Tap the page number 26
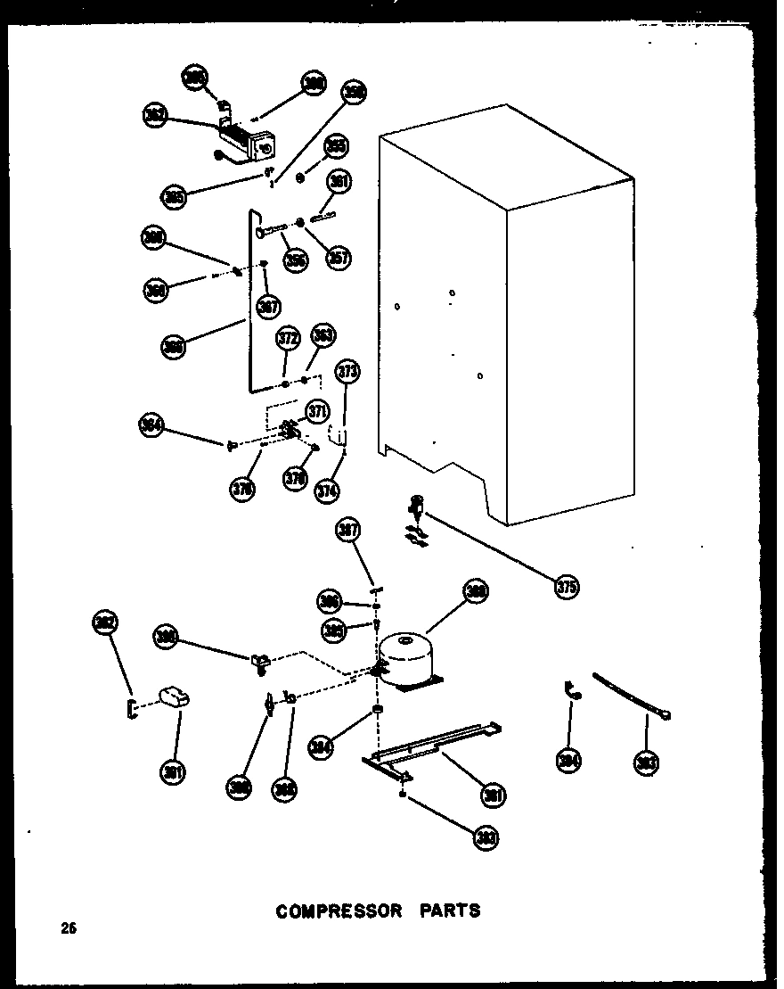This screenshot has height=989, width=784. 69,928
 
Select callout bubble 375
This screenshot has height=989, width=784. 566,587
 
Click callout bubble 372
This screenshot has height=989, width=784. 287,339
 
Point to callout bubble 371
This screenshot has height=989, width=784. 316,411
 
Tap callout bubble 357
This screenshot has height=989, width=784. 339,258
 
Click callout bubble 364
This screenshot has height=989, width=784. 152,425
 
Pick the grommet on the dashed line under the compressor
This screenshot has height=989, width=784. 378,710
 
